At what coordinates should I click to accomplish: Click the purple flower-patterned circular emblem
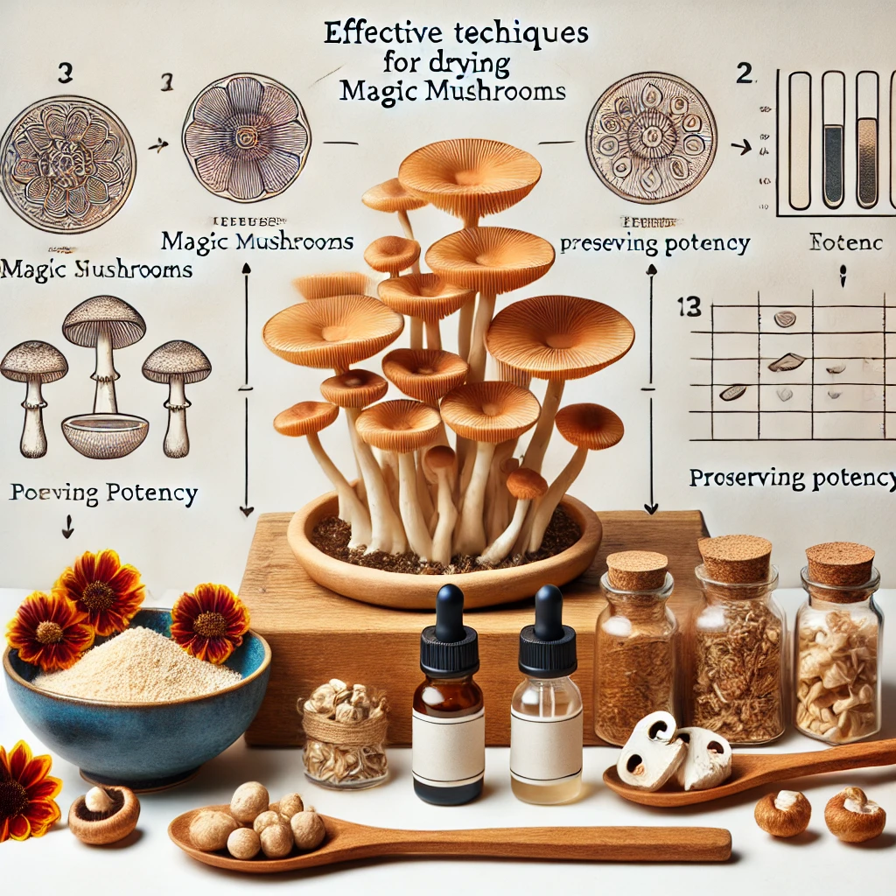pos(246,137)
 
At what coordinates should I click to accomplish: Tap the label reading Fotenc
pos(834,243)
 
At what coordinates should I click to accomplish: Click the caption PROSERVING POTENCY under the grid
pos(793,478)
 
